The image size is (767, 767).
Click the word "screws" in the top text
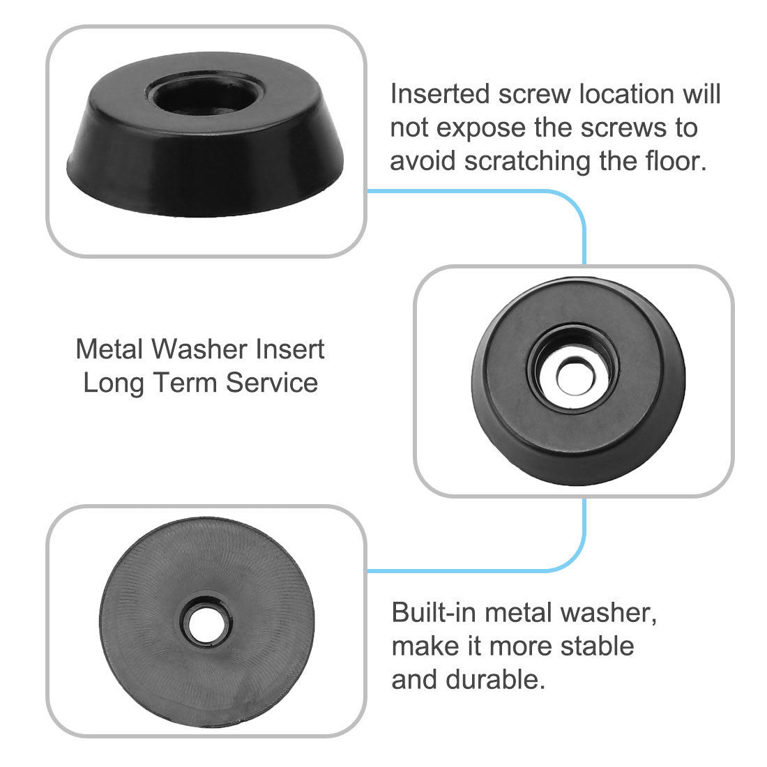[x=655, y=128]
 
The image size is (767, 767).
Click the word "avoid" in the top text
[x=423, y=161]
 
